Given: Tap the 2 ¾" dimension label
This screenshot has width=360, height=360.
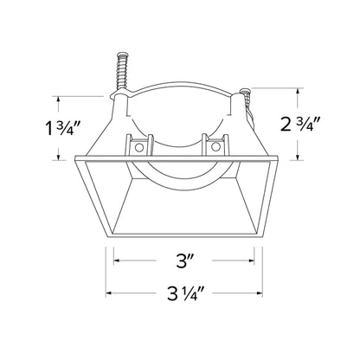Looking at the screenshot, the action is pos(301,124).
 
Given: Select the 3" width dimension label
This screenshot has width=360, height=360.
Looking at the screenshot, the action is pos(184,260).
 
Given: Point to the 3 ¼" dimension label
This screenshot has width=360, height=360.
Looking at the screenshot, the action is pos(186,293).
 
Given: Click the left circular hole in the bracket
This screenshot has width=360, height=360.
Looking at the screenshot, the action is pos(139,147).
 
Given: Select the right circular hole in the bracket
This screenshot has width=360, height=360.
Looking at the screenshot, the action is pos(215,147).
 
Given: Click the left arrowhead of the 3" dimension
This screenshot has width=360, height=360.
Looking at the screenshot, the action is pos(117,260).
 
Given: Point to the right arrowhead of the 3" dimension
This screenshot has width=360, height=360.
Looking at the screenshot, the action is pos(252,260).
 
